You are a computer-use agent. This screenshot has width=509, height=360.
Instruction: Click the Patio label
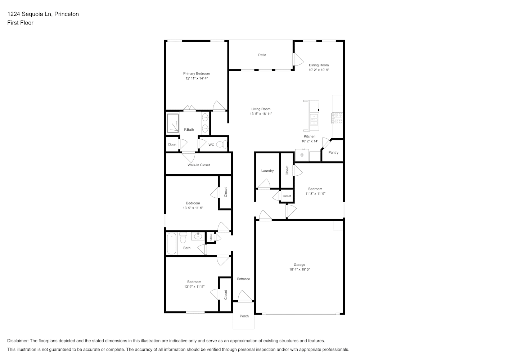(x=262, y=55)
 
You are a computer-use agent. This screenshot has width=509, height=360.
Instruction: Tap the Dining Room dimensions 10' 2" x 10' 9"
(x=319, y=70)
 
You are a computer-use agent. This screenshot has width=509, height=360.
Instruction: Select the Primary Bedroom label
(x=197, y=73)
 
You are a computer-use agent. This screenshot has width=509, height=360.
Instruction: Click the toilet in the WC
(x=222, y=144)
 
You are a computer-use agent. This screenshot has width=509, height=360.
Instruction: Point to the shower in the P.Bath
(x=173, y=123)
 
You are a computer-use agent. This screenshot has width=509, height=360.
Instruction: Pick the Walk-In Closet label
(x=199, y=165)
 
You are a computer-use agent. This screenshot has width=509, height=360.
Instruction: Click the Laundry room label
(x=267, y=171)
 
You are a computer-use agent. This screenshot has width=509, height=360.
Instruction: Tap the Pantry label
(x=333, y=153)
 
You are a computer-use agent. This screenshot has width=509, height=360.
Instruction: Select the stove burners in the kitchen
(x=337, y=118)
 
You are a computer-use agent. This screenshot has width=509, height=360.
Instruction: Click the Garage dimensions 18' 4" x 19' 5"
(x=299, y=269)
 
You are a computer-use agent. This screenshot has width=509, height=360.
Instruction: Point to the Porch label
(x=244, y=316)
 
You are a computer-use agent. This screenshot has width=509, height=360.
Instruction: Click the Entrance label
(x=243, y=279)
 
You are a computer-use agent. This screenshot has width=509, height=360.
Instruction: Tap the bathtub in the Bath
(x=172, y=243)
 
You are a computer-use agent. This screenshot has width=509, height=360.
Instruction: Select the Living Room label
(x=261, y=109)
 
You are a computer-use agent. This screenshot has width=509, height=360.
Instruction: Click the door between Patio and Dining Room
(x=298, y=59)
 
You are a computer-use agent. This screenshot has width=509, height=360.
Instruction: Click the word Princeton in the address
(x=67, y=14)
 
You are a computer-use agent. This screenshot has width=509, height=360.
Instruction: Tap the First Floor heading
(x=20, y=23)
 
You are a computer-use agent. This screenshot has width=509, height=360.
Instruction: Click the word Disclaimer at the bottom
(x=18, y=341)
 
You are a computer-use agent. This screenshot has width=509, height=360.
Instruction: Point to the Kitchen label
(x=310, y=136)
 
